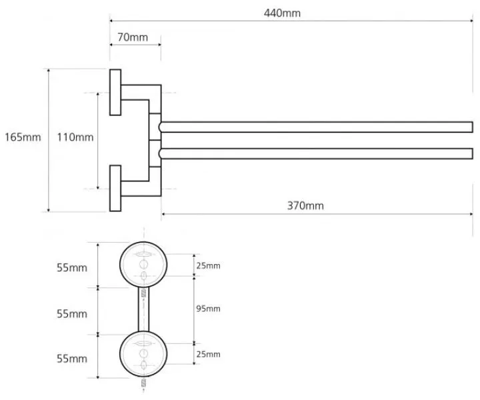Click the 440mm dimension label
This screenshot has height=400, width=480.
tap(282, 13)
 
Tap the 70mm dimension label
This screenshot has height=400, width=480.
tap(133, 37)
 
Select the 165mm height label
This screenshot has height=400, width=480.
tap(23, 137)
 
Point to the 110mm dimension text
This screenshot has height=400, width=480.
tap(75, 137)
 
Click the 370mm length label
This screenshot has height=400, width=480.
tap(305, 205)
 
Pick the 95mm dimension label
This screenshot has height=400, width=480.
tap(208, 309)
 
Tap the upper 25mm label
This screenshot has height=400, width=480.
tap(208, 265)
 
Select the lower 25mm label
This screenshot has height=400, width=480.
tap(208, 354)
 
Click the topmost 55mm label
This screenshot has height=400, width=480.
tap(72, 268)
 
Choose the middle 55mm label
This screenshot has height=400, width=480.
tap(72, 314)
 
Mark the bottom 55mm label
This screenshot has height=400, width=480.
tap(72, 359)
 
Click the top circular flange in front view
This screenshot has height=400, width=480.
tap(120, 265)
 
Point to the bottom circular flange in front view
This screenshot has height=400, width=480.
tap(120, 354)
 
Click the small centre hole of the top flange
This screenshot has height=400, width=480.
tap(143, 265)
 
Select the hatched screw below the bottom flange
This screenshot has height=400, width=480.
tap(143, 383)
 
